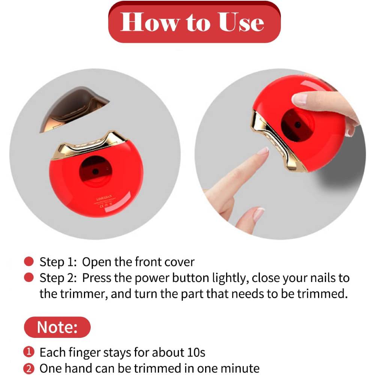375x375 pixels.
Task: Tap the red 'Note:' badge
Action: (57, 327)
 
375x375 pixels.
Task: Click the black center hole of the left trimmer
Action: (96, 171)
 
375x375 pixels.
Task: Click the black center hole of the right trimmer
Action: (297, 124)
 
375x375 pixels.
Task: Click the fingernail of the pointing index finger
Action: (263, 151)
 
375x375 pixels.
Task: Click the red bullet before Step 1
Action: (28, 261)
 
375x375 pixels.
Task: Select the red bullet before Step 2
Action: (28, 278)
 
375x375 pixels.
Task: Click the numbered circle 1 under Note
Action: (28, 352)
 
